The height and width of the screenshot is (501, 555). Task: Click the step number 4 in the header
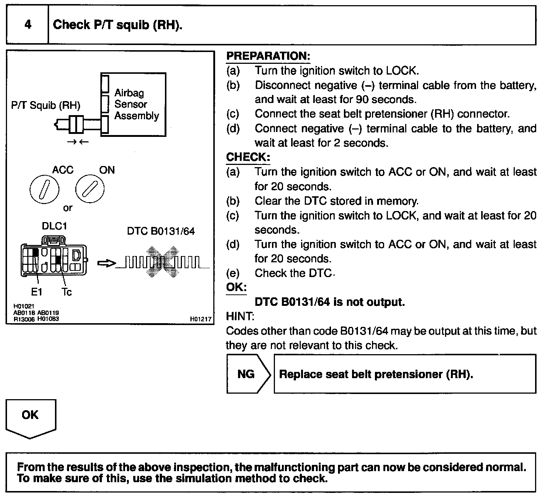(28, 25)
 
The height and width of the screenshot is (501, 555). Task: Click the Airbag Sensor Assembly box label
(136, 104)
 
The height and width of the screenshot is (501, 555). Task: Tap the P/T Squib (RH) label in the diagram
(46, 106)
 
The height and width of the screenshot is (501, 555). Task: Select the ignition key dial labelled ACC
(44, 190)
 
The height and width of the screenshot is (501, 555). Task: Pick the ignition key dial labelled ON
(90, 189)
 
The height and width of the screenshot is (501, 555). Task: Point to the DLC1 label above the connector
(54, 226)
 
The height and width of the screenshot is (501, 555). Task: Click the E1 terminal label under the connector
(36, 292)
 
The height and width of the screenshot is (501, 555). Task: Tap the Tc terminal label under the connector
(66, 292)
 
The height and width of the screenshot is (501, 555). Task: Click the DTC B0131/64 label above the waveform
(161, 231)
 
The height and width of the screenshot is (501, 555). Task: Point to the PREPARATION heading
(268, 56)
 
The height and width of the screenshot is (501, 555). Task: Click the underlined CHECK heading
(248, 157)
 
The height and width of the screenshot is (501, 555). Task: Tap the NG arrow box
(247, 374)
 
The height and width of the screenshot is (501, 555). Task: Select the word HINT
(239, 316)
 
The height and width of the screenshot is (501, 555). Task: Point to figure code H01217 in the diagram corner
(201, 319)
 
